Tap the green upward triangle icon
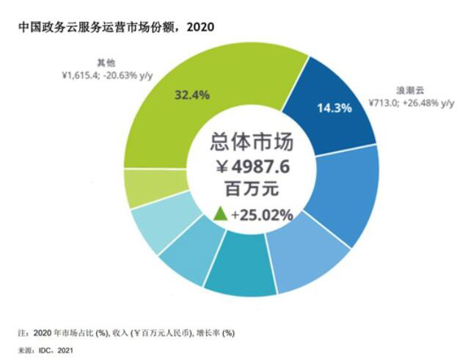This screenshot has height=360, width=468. tap(219, 214)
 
